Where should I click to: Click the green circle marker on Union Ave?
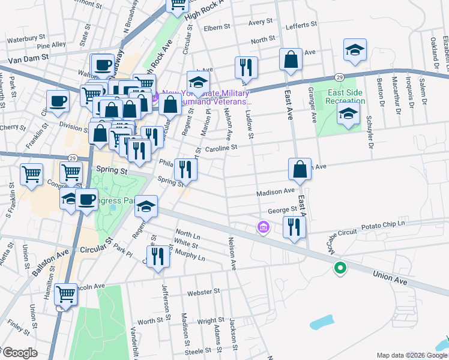[340, 268]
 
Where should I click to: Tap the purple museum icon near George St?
[262, 228]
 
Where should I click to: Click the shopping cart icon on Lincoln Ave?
[65, 295]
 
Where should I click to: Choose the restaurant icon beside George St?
[294, 227]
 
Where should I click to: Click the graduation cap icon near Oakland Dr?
[355, 50]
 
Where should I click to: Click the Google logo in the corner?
[19, 353]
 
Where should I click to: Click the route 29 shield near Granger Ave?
[339, 78]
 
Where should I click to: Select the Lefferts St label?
[301, 25]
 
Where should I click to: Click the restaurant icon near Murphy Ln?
[157, 258]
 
